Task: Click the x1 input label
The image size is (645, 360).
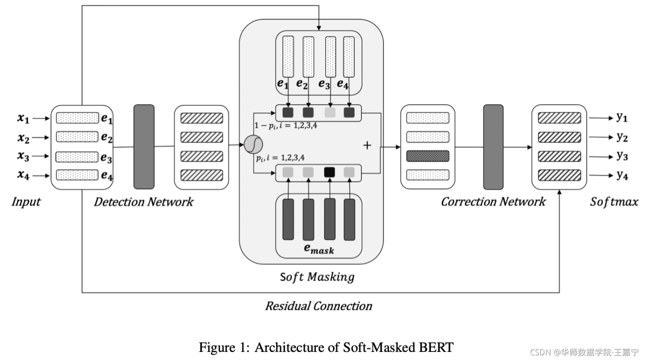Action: [23, 118]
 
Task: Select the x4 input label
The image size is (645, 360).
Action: [23, 174]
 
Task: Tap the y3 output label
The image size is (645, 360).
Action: [622, 156]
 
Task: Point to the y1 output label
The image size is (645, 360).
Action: [622, 117]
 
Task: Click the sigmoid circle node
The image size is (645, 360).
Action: [253, 144]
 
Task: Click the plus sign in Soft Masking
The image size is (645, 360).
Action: [367, 145]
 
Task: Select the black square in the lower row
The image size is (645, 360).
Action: [329, 172]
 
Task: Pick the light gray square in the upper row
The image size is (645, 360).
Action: [330, 112]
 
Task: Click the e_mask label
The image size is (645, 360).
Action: [319, 249]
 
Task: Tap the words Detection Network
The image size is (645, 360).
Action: [143, 202]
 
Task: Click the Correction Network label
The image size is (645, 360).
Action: [493, 202]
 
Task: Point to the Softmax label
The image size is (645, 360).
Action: [614, 202]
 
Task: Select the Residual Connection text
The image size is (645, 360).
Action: [318, 306]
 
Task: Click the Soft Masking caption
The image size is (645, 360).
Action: [317, 277]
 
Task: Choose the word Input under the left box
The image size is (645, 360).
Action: [26, 202]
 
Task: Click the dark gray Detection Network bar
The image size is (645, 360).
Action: [144, 147]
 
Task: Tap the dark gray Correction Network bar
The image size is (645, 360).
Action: [493, 147]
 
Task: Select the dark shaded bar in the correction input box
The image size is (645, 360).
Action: [427, 156]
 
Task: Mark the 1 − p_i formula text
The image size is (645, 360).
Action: [286, 126]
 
